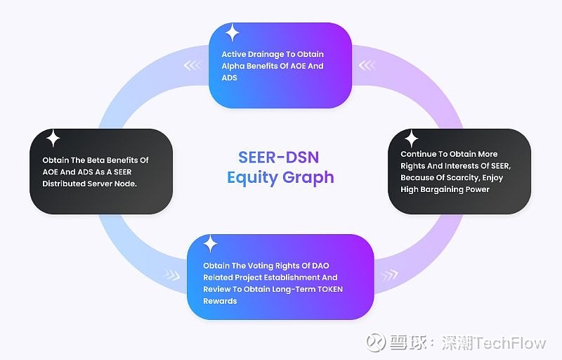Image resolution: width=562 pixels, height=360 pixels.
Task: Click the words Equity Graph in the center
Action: tap(280, 177)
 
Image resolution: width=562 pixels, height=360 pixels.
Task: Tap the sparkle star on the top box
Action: tap(232, 33)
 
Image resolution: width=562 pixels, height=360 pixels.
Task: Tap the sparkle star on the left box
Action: tap(53, 139)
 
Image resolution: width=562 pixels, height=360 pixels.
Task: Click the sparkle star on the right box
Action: tap(411, 139)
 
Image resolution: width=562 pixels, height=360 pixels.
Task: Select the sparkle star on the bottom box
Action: tap(209, 244)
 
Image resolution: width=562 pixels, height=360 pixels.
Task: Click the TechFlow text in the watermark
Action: tap(511, 343)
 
